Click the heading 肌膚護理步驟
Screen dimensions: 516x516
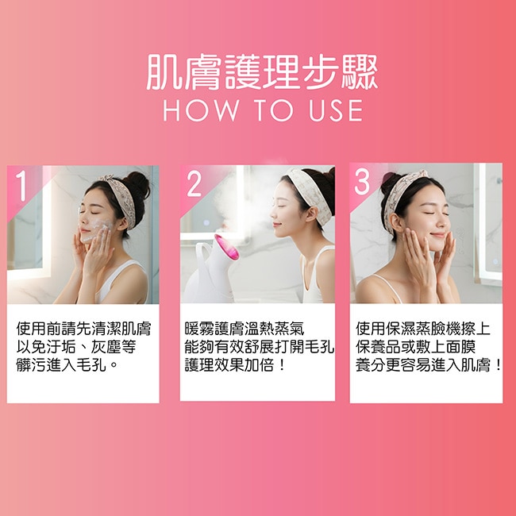(262, 72)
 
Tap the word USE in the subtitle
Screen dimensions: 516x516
(336, 110)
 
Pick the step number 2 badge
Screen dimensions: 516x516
(194, 184)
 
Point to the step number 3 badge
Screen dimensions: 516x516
(362, 183)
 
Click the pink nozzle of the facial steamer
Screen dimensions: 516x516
(226, 247)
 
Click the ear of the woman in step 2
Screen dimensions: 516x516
(310, 214)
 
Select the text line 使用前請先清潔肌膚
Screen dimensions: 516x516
(83, 329)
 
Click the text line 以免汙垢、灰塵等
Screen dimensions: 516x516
(76, 347)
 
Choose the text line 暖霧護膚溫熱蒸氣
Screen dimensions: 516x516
(245, 329)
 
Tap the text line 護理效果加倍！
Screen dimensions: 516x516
(235, 364)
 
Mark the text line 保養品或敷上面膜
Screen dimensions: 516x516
(416, 347)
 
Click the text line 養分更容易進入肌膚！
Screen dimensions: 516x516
(429, 364)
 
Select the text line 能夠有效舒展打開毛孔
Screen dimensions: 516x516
(260, 347)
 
